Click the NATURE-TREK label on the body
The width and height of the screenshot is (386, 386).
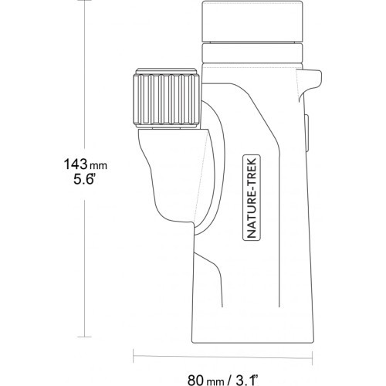tap(252, 198)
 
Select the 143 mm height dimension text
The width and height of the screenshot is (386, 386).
tap(86, 164)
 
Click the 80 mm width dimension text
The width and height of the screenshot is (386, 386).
tap(205, 380)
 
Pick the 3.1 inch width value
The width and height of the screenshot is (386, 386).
tap(246, 380)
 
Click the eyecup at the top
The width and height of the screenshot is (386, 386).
tap(252, 22)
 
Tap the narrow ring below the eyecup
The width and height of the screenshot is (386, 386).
tap(252, 53)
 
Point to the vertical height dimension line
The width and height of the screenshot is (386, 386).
tap(85, 78)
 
